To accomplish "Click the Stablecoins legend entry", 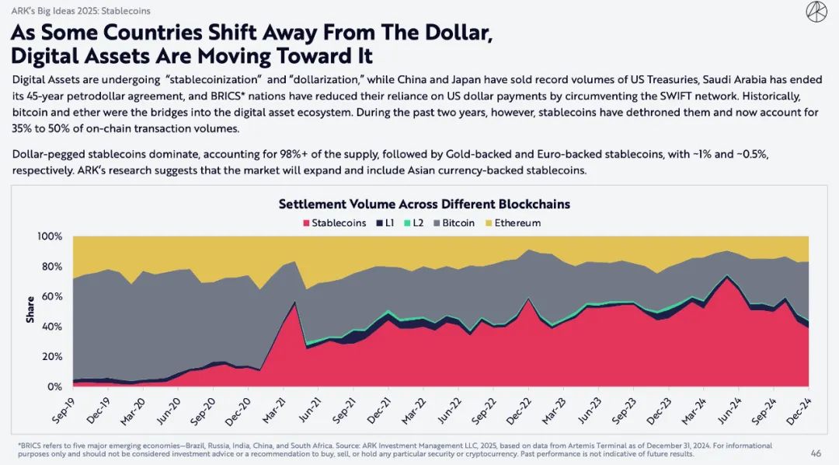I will coord(334,223).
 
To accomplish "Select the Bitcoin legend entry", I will coord(454,223).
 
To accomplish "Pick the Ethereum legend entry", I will coord(513,223).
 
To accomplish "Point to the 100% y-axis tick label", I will coord(49,236).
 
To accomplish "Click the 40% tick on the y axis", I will coord(51,327).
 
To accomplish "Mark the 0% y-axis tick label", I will coord(54,386).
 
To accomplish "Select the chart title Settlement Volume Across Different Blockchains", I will coord(424,205).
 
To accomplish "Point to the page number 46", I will coord(816,453).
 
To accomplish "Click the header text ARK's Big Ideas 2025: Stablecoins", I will coord(80,11).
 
